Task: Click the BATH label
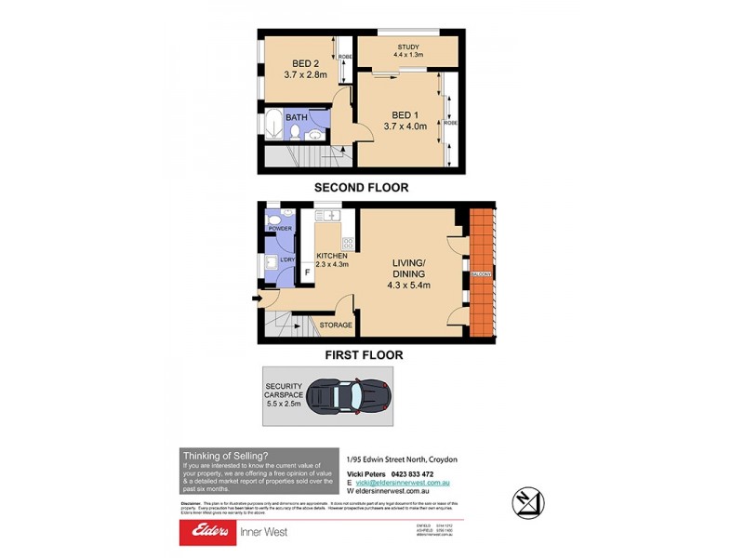tap(296, 117)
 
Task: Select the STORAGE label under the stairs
tap(336, 325)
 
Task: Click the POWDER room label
tap(280, 229)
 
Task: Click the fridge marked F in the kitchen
tap(307, 272)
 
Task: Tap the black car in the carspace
tap(345, 395)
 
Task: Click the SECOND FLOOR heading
tap(361, 187)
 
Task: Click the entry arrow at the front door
tap(256, 299)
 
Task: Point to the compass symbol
tap(529, 503)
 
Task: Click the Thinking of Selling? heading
tap(226, 455)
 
